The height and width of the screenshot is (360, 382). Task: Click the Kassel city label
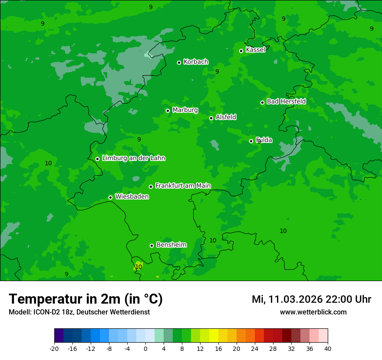[255, 50]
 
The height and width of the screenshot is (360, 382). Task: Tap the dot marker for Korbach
[179, 62]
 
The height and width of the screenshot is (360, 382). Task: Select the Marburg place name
[185, 110]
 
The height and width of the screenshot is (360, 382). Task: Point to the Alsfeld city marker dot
[211, 118]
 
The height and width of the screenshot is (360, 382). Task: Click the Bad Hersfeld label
[286, 101]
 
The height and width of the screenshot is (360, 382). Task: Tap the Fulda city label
[264, 140]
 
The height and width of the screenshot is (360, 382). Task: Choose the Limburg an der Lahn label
[133, 158]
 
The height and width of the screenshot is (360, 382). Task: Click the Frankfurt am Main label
[183, 186]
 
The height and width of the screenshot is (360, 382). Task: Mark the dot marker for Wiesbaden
[110, 197]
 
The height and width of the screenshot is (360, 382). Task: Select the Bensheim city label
[171, 245]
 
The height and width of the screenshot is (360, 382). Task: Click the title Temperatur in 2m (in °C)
[86, 299]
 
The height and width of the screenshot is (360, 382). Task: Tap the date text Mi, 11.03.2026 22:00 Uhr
[311, 299]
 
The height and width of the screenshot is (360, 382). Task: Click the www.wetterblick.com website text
[313, 312]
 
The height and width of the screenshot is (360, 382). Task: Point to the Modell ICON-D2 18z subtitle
[79, 312]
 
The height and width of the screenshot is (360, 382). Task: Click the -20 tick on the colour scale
[54, 349]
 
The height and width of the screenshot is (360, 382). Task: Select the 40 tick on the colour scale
[328, 349]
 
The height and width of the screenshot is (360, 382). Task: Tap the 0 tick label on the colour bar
[145, 349]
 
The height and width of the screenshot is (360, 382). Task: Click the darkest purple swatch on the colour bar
[59, 336]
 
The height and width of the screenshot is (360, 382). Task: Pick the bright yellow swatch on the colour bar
[214, 336]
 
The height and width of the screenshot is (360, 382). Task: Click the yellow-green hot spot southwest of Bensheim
[138, 265]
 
